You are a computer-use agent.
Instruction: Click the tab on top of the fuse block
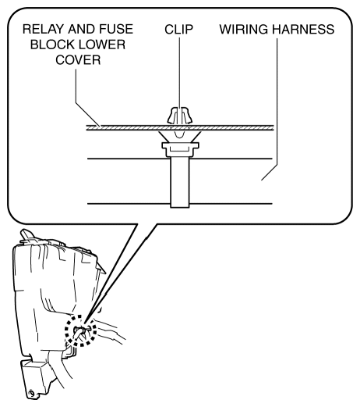tap(27, 234)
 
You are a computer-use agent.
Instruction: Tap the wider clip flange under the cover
tap(180, 145)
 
